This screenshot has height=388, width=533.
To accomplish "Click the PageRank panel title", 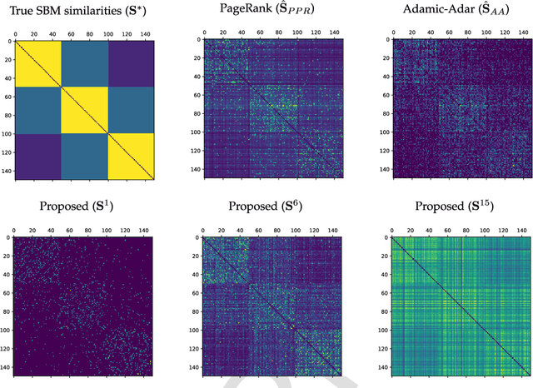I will coord(273,11).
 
